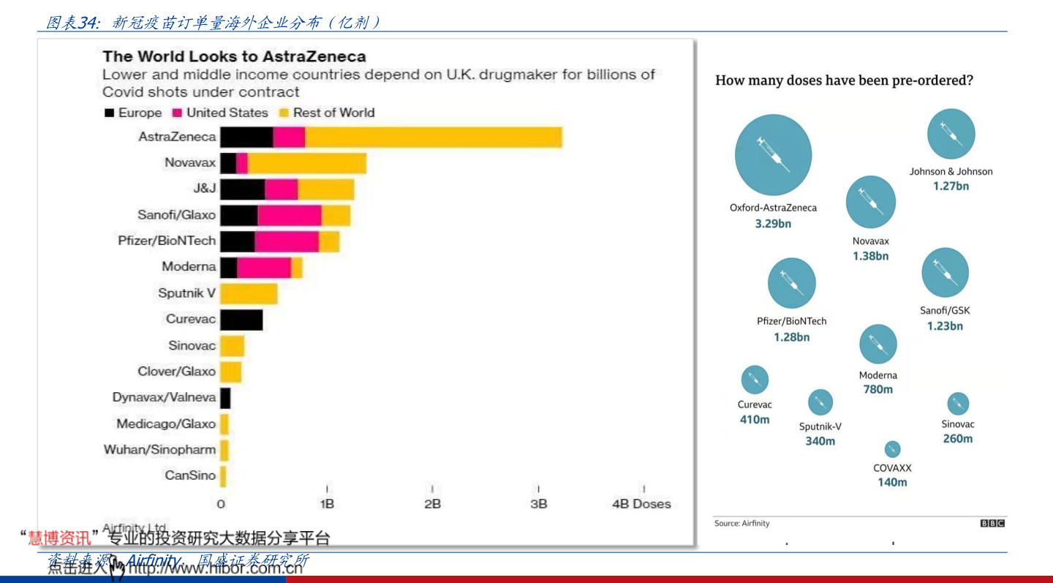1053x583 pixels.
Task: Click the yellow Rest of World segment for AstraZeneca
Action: [433, 137]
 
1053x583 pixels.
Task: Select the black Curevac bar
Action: [241, 320]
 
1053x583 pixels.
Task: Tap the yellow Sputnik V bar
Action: [249, 293]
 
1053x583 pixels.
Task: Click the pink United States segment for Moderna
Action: [264, 268]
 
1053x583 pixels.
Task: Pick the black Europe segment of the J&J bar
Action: [242, 189]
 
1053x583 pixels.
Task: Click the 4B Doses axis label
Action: [641, 503]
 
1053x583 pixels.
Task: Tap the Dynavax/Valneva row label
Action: [164, 397]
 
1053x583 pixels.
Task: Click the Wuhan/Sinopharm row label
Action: [159, 449]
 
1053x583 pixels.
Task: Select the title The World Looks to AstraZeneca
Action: [234, 56]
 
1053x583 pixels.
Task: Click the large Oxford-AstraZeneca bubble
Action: [773, 154]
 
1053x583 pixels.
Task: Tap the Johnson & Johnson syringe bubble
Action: [951, 134]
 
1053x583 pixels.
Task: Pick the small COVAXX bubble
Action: [892, 449]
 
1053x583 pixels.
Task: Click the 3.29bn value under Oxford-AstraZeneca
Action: [773, 224]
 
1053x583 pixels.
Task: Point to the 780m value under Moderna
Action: [877, 389]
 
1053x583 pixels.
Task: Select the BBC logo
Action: [992, 523]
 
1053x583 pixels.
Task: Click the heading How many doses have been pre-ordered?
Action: [844, 80]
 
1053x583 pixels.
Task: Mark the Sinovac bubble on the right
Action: [957, 403]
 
